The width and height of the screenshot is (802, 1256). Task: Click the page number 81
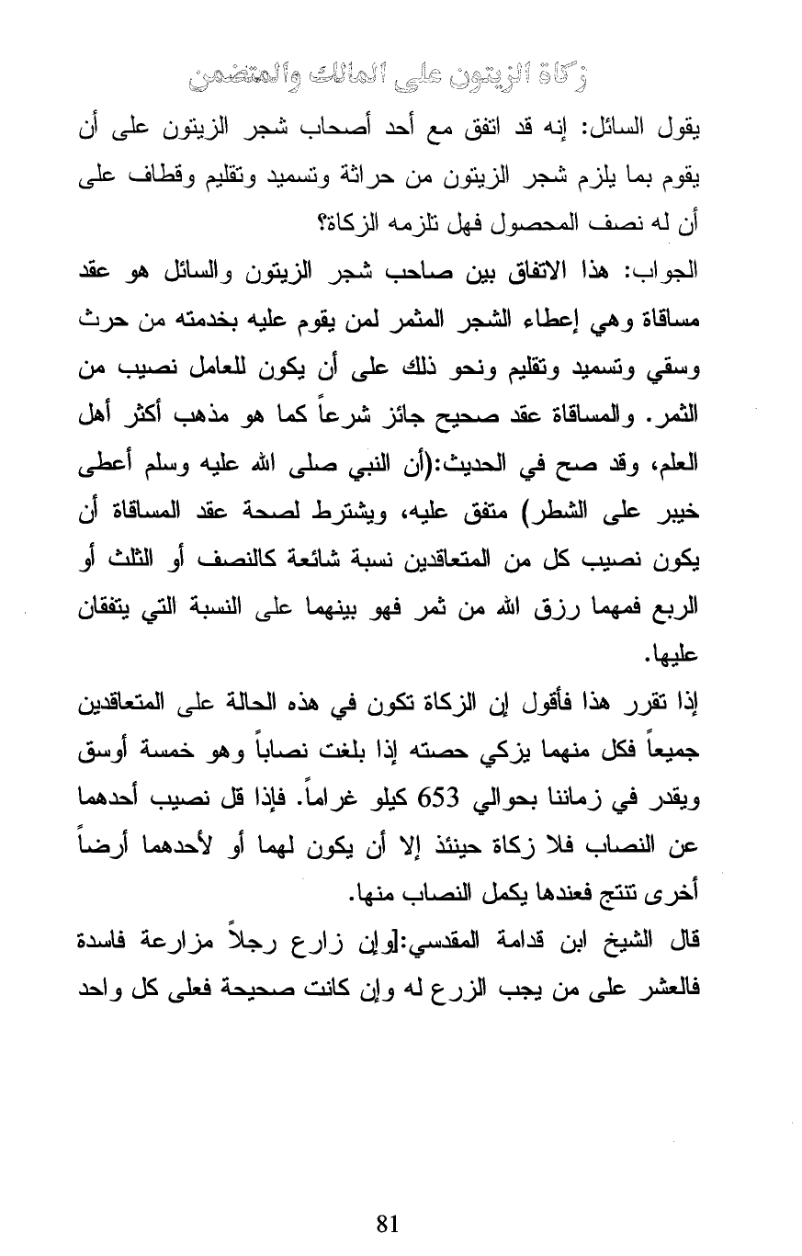pyautogui.click(x=387, y=1224)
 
